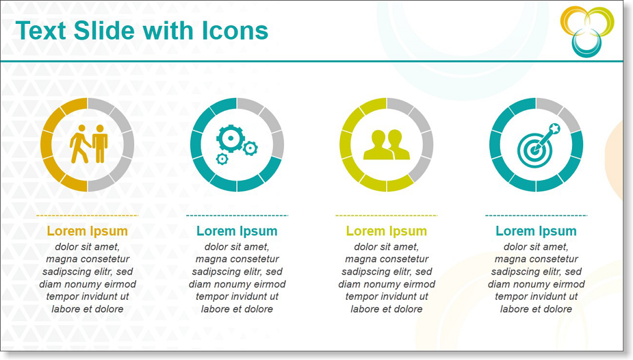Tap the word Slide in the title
104,31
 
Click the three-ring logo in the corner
587,31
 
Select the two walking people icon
88,144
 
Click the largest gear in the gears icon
231,138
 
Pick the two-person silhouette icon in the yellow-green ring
387,144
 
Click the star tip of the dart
555,129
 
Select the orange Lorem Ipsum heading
87,231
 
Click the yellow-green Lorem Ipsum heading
387,231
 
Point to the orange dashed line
87,216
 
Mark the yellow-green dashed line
387,216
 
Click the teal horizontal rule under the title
311,62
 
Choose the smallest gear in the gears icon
222,159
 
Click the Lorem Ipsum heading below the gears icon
237,231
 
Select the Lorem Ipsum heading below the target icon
536,231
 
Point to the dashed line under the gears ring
237,216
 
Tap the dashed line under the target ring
536,216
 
